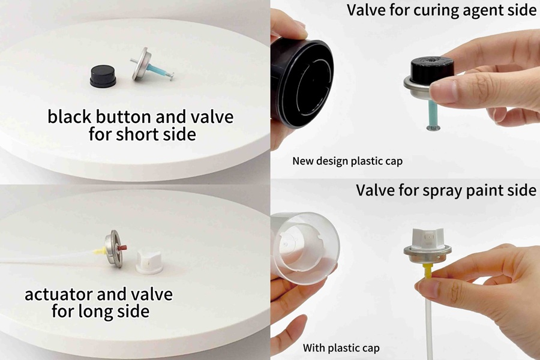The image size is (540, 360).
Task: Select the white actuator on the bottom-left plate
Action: point(149,262)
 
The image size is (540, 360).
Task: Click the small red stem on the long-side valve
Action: point(122,247)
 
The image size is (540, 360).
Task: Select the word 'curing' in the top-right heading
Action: point(436,10)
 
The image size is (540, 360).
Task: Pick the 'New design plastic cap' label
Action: point(347,161)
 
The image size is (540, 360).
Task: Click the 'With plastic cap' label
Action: point(341,348)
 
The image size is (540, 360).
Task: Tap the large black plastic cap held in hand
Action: point(302,82)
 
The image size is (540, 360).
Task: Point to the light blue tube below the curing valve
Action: point(433,113)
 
